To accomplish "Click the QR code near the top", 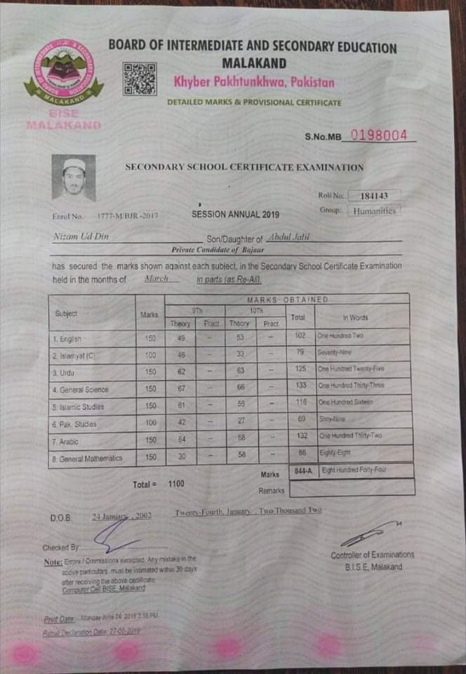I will tap(139, 78).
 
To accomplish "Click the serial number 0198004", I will tap(379, 135).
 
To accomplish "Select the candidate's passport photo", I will tap(73, 178).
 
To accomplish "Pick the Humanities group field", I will tap(375, 210).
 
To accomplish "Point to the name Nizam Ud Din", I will tap(81, 237).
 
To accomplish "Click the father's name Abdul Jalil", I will tap(288, 237).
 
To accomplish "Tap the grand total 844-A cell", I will tap(303, 470).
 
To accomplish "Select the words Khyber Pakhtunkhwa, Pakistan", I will tap(254, 83).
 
